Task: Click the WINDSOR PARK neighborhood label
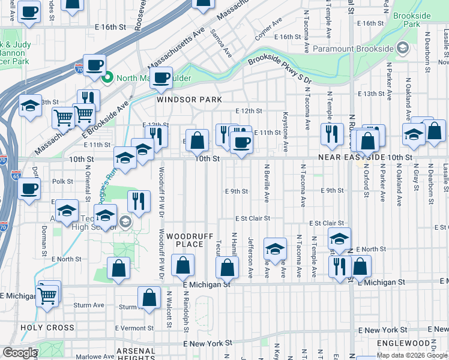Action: coord(189,100)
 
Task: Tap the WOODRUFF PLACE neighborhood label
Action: coord(190,240)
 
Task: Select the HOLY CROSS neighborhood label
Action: coord(47,328)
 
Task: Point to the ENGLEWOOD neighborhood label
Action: coord(405,343)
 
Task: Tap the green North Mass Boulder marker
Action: coord(107,78)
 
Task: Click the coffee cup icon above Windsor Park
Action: coord(161,77)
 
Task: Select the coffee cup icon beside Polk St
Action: coord(29,190)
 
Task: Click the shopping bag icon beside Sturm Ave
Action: coord(149,297)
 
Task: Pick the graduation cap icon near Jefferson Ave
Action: coord(275,248)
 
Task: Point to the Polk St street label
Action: coord(62,181)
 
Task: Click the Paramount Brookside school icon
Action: coord(403,48)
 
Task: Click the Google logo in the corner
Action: coord(19,353)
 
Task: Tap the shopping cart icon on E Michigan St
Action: coord(47,295)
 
